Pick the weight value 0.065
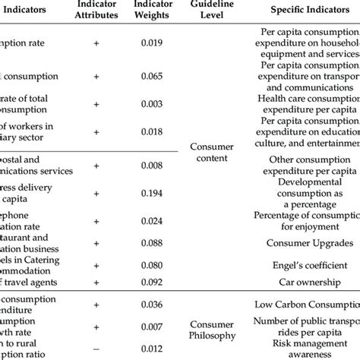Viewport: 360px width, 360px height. pyautogui.click(x=152, y=76)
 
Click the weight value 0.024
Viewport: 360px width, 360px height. pyautogui.click(x=152, y=222)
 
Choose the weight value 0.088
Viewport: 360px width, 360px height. pyautogui.click(x=152, y=243)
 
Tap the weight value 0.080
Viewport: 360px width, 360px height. pyautogui.click(x=152, y=266)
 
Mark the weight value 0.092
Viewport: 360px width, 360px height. pyautogui.click(x=152, y=283)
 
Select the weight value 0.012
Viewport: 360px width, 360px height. pyautogui.click(x=152, y=348)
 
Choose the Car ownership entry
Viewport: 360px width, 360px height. pyautogui.click(x=309, y=283)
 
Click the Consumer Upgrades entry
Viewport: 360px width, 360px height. pyautogui.click(x=309, y=243)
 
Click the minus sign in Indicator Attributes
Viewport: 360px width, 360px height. pyautogui.click(x=96, y=348)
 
